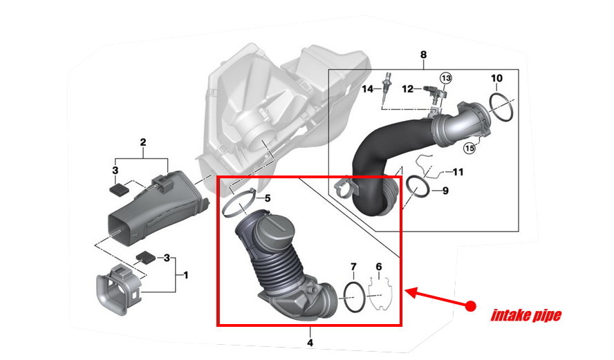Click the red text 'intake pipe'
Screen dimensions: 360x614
click(525, 316)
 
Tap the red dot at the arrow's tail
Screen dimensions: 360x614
click(470, 305)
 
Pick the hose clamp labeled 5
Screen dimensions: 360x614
click(240, 204)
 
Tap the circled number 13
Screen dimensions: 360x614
click(446, 78)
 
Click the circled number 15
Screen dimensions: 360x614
click(469, 146)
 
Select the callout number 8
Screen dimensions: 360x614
click(423, 55)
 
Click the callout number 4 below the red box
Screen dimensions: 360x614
click(310, 342)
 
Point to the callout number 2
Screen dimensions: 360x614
click(143, 143)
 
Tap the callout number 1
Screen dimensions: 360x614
click(185, 275)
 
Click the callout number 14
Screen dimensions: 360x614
click(366, 88)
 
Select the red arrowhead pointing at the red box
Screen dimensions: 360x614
click(411, 292)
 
